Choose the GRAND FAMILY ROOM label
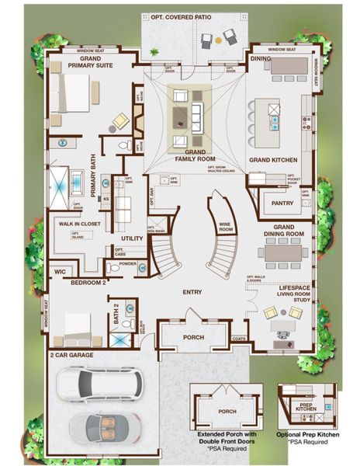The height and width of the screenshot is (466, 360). point(189,154)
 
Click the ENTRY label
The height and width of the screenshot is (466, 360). point(192,292)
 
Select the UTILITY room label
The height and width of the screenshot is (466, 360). point(133,239)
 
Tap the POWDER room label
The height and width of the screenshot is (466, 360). point(127,263)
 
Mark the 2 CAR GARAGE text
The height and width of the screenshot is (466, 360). point(72,355)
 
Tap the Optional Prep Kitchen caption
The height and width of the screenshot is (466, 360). point(308,435)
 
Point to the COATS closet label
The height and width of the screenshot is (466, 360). point(240,339)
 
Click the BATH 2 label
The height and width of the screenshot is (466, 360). point(116,312)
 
